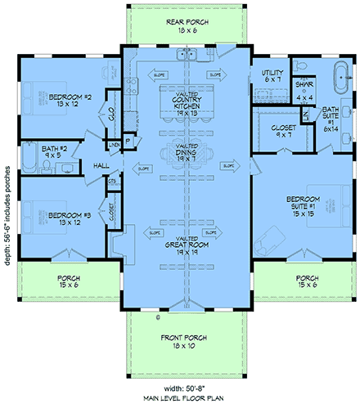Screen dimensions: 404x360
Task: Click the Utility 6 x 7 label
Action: pos(272,77)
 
